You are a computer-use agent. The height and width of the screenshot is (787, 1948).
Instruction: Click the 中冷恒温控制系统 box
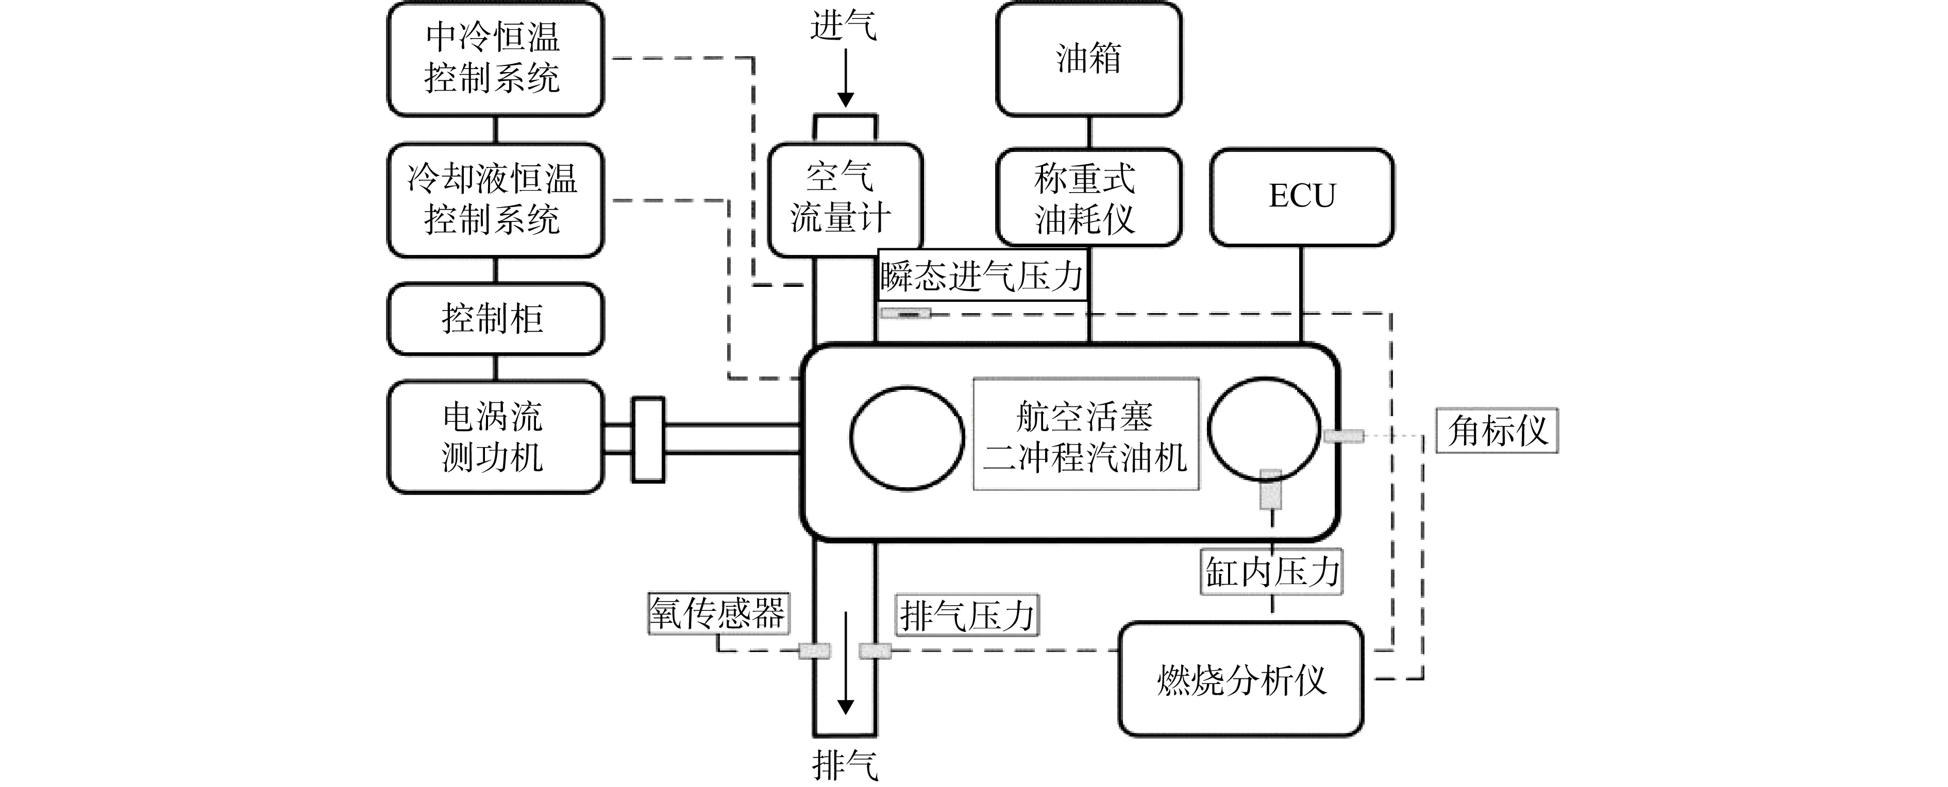495,59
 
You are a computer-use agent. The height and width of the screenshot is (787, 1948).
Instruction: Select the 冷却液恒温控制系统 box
495,200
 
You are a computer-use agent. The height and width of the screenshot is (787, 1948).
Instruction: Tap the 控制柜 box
495,318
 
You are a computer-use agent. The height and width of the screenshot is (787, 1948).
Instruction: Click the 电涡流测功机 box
495,437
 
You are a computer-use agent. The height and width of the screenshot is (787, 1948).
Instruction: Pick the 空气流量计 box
846,200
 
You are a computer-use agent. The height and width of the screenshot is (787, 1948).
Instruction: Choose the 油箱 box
1089,59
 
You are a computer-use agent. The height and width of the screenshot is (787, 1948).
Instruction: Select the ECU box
1302,197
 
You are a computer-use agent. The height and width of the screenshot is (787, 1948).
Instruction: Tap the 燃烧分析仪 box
1241,679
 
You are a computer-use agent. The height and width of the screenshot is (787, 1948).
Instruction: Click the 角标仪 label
1497,431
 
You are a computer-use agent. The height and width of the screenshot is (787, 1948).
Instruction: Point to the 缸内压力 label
1272,572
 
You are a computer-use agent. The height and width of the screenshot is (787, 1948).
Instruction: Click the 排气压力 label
967,614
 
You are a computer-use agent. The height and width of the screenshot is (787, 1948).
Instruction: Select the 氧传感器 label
718,612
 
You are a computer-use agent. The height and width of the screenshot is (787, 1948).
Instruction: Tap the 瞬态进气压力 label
982,275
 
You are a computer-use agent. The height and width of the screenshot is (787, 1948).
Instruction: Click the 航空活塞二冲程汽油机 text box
1086,435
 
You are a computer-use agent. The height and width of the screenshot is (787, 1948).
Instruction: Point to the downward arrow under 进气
846,78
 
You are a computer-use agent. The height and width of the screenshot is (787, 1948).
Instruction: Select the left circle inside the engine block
906,438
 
